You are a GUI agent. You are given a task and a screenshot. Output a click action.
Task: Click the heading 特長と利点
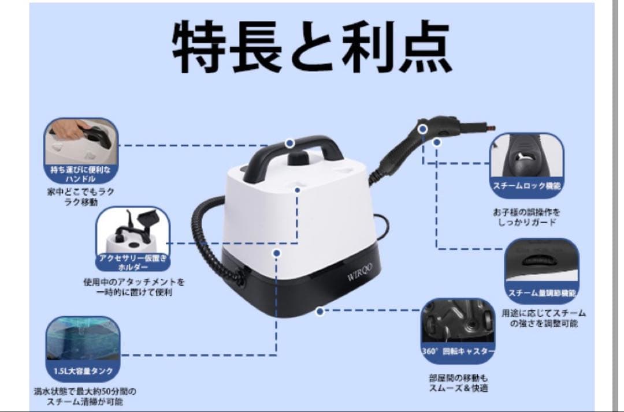(311, 48)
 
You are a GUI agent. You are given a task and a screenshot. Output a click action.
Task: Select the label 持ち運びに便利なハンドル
(81, 174)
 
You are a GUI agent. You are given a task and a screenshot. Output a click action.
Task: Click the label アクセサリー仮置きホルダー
(132, 263)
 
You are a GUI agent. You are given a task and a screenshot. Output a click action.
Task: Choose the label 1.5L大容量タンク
(83, 370)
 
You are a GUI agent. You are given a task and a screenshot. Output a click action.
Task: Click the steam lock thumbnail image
(526, 157)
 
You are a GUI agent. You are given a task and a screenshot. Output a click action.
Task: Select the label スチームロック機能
(526, 186)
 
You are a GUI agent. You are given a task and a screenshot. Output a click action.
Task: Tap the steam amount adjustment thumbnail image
(541, 263)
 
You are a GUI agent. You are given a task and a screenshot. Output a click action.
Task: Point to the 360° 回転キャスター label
(458, 351)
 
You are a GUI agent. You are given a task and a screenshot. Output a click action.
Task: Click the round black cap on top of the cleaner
(298, 159)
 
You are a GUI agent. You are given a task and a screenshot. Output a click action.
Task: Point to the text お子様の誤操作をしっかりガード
(526, 217)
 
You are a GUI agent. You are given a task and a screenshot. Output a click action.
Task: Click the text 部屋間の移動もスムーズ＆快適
(458, 383)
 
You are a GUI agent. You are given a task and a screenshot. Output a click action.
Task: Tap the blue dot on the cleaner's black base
(320, 311)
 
